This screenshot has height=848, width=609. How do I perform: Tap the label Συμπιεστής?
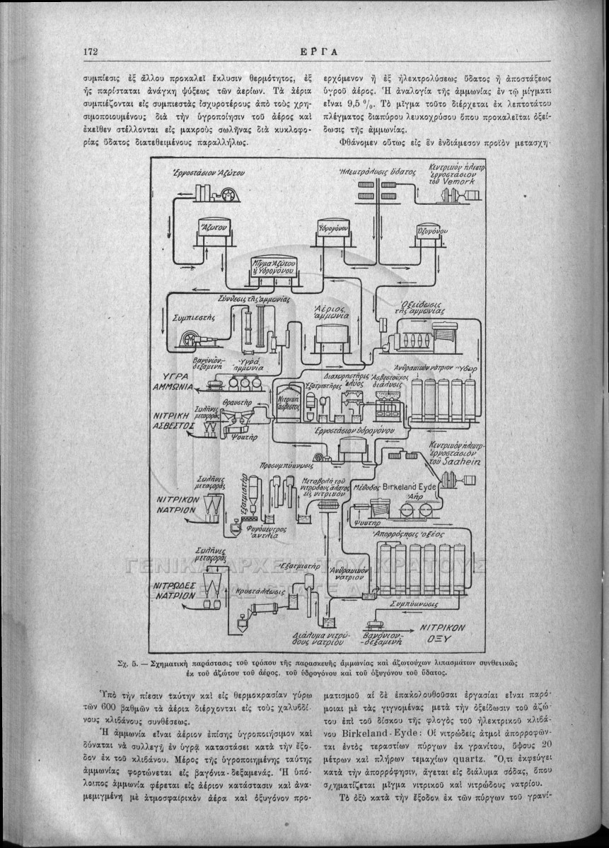pos(195,318)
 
